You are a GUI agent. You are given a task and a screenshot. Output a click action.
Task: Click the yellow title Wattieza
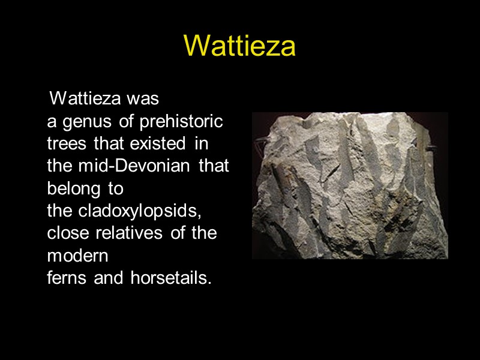click(239, 46)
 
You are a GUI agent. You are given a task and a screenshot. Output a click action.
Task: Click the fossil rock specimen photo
click(350, 185)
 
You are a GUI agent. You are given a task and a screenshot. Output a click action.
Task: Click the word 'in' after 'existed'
click(202, 145)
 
